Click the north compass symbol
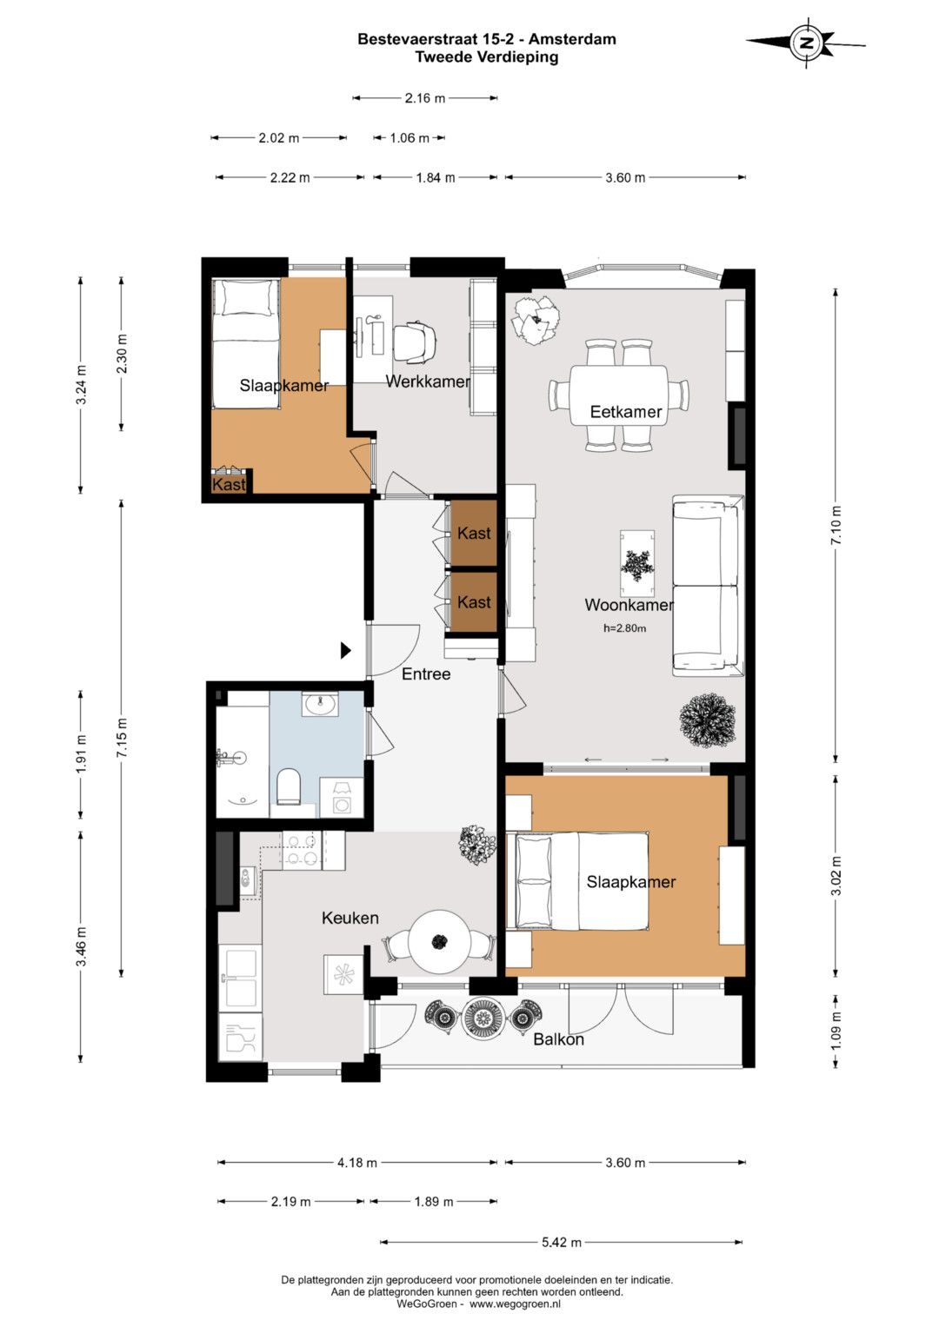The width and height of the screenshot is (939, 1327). tap(806, 43)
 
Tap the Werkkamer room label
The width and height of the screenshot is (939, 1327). tap(428, 381)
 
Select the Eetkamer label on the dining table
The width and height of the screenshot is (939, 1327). tap(625, 411)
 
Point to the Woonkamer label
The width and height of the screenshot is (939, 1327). tap(629, 605)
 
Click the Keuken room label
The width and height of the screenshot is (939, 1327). tap(350, 918)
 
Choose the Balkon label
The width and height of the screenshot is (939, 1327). tap(558, 1039)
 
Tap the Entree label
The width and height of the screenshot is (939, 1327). tap(426, 673)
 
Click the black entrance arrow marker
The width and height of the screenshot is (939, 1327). tap(346, 651)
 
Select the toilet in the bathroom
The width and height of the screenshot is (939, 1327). tap(289, 786)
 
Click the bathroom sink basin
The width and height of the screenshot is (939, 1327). tap(320, 704)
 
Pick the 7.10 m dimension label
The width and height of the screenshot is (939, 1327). tap(836, 526)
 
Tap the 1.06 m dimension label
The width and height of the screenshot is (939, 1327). tap(409, 138)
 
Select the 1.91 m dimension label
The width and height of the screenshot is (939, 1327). tap(81, 753)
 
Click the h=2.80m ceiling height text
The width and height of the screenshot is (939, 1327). tap(625, 628)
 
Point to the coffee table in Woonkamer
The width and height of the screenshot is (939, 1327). tap(637, 564)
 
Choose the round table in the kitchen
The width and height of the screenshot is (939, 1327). tap(439, 942)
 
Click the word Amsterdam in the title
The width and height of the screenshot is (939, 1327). tap(572, 39)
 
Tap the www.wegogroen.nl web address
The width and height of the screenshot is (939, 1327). tap(515, 1304)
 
